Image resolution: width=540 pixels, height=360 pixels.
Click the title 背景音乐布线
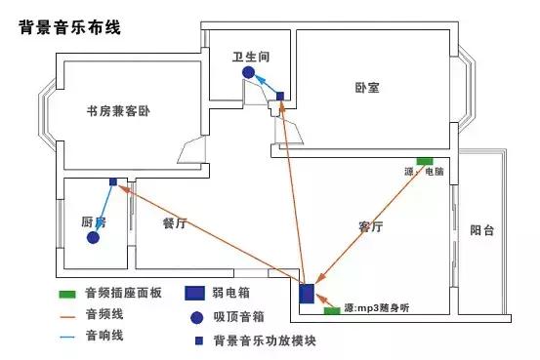click(x=69, y=26)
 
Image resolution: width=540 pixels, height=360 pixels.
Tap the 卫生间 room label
click(x=250, y=56)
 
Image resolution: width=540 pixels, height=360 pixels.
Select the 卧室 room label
click(x=367, y=87)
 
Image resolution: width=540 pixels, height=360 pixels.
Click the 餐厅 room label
click(x=175, y=223)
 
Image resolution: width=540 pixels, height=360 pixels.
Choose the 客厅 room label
click(x=371, y=226)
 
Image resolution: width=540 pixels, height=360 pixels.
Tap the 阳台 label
click(x=481, y=231)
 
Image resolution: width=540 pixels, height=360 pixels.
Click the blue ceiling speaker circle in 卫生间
click(x=249, y=72)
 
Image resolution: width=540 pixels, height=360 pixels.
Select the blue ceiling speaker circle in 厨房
click(x=92, y=238)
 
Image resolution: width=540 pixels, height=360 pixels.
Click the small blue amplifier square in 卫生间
click(x=280, y=96)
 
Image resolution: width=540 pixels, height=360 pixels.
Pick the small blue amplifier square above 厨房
click(x=112, y=181)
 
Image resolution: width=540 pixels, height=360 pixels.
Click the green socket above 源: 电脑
click(x=425, y=159)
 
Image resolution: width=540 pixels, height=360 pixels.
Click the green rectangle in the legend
click(x=66, y=294)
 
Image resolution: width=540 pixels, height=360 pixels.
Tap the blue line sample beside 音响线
click(x=66, y=336)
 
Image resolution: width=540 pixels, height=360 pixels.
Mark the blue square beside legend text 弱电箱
click(x=196, y=294)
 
